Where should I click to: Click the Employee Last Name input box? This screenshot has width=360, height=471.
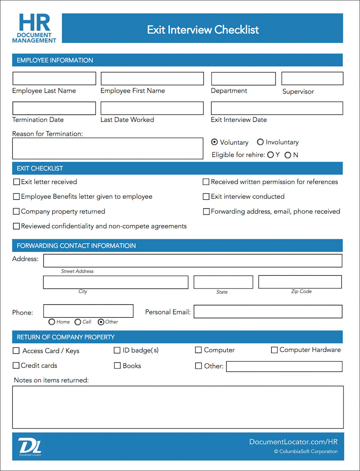coord(54,79)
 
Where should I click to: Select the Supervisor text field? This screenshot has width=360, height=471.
coord(312,79)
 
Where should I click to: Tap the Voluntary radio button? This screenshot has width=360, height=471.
coord(214,142)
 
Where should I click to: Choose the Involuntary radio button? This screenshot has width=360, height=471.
coord(260,142)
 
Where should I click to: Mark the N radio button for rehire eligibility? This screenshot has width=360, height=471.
coord(288,155)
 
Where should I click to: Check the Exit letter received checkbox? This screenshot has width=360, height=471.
coord(16,182)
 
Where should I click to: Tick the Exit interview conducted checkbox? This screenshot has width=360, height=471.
coord(206,197)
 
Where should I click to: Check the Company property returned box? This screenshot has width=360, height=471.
coord(16,212)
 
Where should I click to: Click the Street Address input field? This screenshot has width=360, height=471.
coord(192,261)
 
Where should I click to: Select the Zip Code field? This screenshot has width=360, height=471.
coord(300,282)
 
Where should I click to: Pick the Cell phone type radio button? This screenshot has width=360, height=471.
coord(78,322)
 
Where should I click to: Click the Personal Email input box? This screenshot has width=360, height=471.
coord(268,311)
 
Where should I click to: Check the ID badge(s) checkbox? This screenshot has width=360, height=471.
coord(117,350)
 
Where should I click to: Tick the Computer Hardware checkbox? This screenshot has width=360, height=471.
coord(274,350)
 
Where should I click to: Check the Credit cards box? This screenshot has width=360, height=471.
coord(16,366)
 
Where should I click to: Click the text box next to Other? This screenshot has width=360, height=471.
coord(284,366)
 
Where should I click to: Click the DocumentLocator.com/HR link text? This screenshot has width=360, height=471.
coord(293,442)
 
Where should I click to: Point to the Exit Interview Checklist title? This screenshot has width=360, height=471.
coord(203,30)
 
